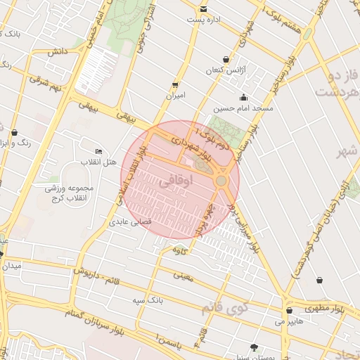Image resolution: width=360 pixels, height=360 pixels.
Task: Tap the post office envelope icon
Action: (204, 9)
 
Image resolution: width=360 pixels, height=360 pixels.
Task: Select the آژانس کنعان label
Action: (224, 71)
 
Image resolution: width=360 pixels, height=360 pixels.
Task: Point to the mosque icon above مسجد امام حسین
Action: (243, 98)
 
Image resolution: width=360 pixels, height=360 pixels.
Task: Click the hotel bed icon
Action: (98, 151)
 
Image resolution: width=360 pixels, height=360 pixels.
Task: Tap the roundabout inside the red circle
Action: (221, 181)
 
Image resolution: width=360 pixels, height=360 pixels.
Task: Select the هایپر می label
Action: (290, 321)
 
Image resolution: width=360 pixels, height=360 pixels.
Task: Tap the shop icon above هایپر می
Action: (289, 310)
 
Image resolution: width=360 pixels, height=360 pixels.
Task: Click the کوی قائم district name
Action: (224, 307)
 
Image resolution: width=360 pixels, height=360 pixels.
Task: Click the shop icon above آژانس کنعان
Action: (225, 59)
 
